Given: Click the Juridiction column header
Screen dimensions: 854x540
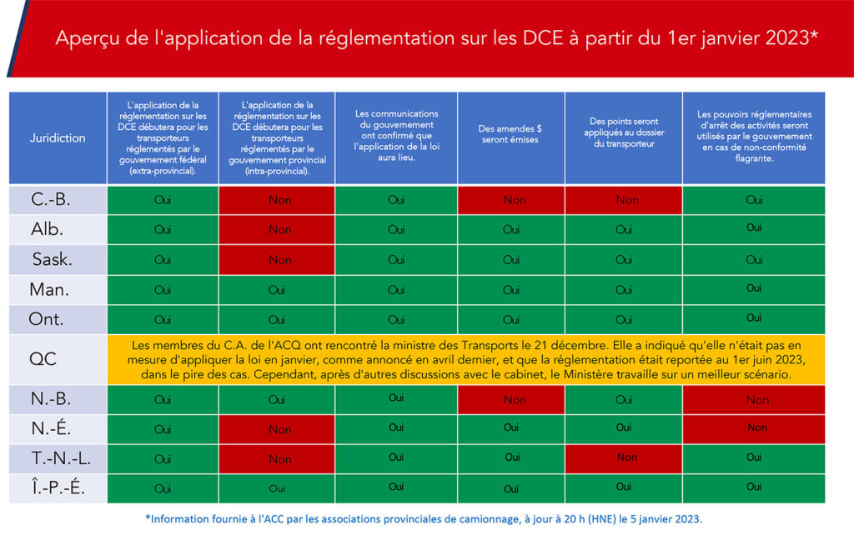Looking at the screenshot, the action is (x=58, y=137).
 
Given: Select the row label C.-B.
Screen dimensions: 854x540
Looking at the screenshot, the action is (x=51, y=200).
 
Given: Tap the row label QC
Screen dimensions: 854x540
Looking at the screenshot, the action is (x=43, y=359).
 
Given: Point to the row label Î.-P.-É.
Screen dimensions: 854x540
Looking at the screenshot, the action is (x=58, y=487).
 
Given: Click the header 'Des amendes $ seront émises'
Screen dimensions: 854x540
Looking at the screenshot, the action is (x=510, y=134).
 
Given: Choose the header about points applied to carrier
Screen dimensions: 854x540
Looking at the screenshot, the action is (x=624, y=132).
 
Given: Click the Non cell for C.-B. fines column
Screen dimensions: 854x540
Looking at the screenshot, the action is (x=511, y=200).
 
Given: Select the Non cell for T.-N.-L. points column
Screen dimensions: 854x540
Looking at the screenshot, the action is (x=624, y=458).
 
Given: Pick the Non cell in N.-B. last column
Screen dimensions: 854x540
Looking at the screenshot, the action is (x=754, y=399).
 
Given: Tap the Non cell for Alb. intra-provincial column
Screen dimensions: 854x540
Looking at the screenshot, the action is (x=277, y=229).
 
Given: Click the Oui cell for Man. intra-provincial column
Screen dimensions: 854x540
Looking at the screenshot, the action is (x=277, y=290).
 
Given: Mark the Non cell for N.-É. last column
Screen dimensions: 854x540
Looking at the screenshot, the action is (x=754, y=429).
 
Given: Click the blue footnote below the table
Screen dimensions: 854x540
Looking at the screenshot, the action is (x=424, y=519).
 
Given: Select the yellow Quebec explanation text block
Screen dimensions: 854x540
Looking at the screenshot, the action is (x=466, y=360).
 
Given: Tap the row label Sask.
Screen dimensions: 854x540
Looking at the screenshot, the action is (x=53, y=259).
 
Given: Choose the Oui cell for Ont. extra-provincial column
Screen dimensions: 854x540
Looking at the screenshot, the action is (x=163, y=319).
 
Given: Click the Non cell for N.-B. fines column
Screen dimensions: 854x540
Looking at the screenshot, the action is (x=511, y=399).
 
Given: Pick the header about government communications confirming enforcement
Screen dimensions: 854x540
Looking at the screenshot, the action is (x=396, y=136).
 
